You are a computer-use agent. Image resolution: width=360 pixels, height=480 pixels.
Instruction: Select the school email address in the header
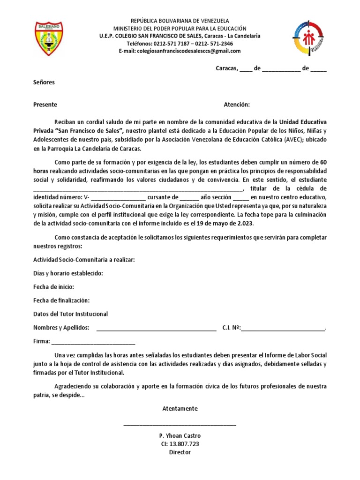(180, 51)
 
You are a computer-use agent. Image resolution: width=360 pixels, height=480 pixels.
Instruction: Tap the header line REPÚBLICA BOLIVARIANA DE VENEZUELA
(180, 21)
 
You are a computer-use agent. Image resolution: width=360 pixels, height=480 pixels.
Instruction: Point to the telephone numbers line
(180, 44)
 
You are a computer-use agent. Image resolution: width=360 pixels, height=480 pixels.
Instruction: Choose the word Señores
(44, 82)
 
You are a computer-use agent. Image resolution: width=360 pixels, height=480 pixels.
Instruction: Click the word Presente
(45, 105)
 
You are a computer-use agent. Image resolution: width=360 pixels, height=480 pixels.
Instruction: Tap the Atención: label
(237, 105)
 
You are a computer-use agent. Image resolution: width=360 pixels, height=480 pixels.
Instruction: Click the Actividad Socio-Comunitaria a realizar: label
(84, 260)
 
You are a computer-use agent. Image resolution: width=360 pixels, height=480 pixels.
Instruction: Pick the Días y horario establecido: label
(68, 273)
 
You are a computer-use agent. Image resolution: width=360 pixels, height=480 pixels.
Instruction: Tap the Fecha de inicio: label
(53, 287)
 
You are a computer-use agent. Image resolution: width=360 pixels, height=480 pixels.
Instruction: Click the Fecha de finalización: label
(61, 300)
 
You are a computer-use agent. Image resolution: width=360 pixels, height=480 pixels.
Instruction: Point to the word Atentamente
(180, 409)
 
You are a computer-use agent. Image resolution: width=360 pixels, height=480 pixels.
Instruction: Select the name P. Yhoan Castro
(180, 435)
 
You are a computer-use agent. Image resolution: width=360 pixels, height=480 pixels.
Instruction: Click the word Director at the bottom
(180, 452)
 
